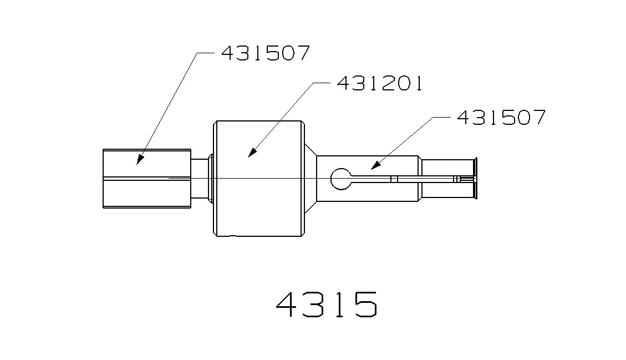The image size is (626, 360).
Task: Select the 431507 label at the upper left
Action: [x=265, y=54]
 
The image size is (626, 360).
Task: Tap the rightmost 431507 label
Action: [x=501, y=118]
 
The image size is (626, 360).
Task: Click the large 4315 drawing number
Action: [x=327, y=304]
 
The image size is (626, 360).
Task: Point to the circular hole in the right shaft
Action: [x=340, y=179]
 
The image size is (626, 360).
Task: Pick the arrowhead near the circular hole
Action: [x=374, y=165]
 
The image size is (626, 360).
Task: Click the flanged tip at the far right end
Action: [x=475, y=178]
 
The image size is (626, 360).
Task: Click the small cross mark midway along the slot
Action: [x=394, y=179]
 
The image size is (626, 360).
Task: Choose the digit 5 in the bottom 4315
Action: [x=362, y=304]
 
